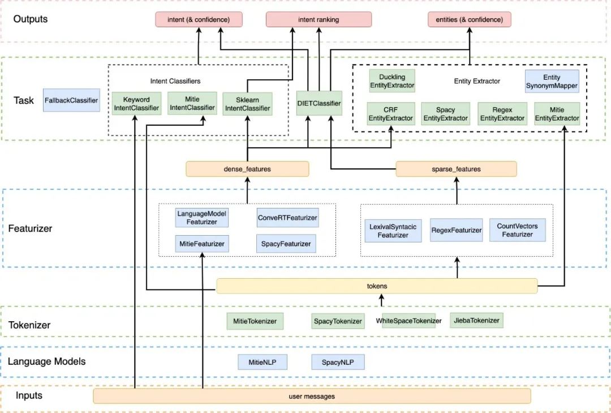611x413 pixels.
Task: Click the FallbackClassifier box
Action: tap(71, 100)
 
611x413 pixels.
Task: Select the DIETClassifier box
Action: tap(319, 103)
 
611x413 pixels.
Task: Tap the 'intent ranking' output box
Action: tap(319, 20)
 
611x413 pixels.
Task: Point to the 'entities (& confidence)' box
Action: tap(470, 20)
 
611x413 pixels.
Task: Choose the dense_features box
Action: tap(247, 169)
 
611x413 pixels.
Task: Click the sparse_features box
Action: tap(456, 169)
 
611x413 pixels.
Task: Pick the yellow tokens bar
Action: tap(377, 286)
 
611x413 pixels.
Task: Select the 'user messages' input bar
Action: tap(312, 396)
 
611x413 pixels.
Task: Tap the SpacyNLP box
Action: tap(338, 361)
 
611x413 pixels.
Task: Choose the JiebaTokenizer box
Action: tap(476, 321)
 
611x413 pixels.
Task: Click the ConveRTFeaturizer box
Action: tap(287, 218)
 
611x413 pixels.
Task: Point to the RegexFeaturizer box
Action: tap(456, 231)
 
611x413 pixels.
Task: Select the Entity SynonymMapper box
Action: tap(552, 82)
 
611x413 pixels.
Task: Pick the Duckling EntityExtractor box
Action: tap(392, 82)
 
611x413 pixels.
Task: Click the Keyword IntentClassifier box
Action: tap(136, 103)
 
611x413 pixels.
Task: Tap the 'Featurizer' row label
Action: tap(30, 229)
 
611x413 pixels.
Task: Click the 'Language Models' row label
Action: tap(46, 361)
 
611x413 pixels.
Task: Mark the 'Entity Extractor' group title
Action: tap(477, 81)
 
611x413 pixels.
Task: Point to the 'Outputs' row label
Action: tap(31, 19)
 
